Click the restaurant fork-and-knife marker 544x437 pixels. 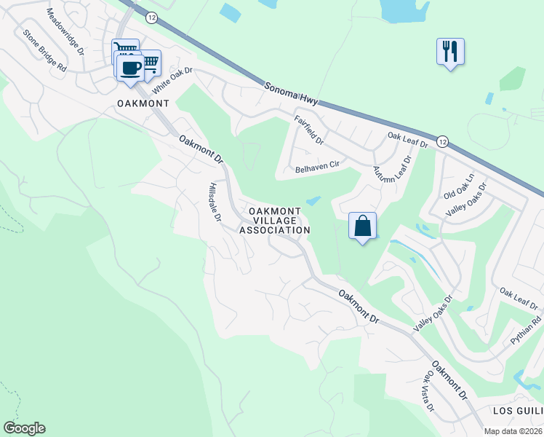click(x=450, y=52)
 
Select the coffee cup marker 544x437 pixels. click(x=130, y=68)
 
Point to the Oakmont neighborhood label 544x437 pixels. click(x=143, y=104)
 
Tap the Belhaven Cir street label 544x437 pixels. click(x=318, y=167)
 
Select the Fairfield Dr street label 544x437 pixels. click(x=309, y=129)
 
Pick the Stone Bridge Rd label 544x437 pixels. click(x=44, y=50)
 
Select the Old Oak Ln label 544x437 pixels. click(x=459, y=187)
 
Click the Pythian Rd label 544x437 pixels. click(x=526, y=331)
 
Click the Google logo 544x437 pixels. click(x=24, y=428)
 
